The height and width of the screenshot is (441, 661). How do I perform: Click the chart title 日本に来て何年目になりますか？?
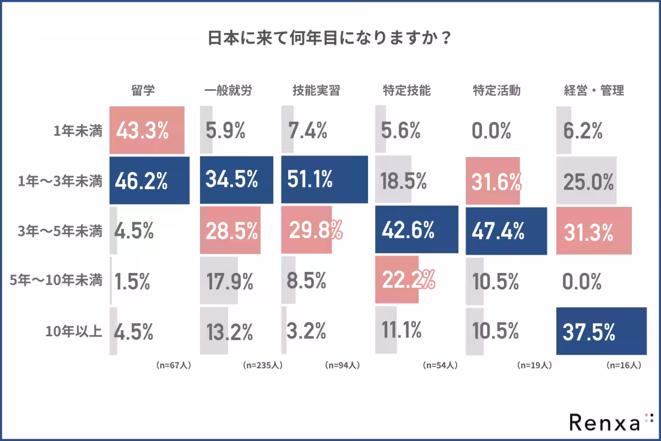coord(330,40)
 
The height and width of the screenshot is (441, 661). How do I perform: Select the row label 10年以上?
coord(74,332)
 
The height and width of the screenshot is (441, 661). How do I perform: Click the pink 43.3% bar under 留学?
coord(147,130)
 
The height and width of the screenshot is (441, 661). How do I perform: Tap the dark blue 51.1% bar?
coord(324,179)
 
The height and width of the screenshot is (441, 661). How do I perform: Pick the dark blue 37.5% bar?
coord(601,331)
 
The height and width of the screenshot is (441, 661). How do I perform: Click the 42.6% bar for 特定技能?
coord(416,230)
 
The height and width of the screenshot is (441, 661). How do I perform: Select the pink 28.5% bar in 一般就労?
coord(229,232)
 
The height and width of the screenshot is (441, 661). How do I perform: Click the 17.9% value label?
coord(229,282)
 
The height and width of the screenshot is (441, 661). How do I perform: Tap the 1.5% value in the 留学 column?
coord(132,282)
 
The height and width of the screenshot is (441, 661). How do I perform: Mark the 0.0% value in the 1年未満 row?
coord(491,131)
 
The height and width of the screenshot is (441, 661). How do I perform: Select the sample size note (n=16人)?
coord(623,365)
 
